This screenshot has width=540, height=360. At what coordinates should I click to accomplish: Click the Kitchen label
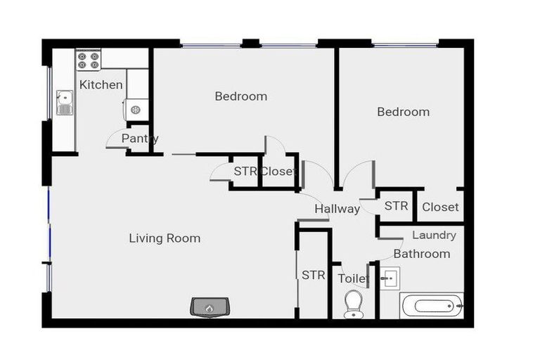pos(101,85)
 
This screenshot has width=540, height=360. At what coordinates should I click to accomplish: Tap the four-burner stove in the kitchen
pos(89,60)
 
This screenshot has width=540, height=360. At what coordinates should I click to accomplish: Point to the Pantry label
pos(140,139)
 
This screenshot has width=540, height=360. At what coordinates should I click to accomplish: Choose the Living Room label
pos(165,238)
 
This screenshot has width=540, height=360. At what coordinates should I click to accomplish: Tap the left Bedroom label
pos(241,96)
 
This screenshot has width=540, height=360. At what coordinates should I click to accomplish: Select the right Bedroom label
pos(403,112)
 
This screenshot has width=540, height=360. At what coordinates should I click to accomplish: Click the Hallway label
pos(337,209)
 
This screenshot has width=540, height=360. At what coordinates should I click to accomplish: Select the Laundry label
pos(434,236)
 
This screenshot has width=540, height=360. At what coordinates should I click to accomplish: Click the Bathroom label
pos(421,254)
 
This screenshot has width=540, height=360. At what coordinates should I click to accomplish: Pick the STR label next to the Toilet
pos(314,275)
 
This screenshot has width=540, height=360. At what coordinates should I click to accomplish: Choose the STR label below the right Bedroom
pos(396,206)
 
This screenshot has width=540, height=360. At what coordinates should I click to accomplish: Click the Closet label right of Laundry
pos(440,207)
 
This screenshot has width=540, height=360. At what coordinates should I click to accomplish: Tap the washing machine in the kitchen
pos(136,108)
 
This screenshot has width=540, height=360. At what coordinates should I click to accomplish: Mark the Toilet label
pos(353,279)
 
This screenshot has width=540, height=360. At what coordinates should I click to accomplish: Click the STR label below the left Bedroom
pos(245,171)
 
